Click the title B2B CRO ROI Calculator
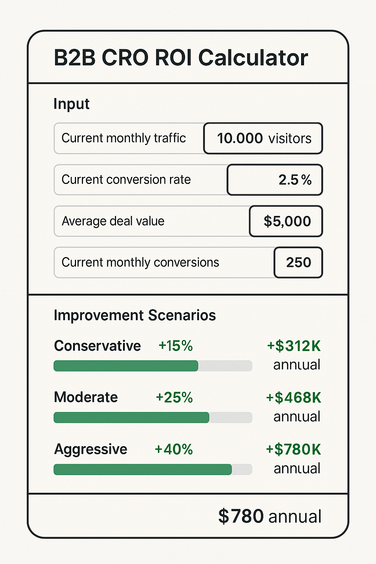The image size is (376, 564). click(x=181, y=58)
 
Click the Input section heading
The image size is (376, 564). click(x=71, y=104)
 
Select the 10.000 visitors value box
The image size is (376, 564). click(x=263, y=138)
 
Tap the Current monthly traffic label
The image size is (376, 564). click(x=123, y=138)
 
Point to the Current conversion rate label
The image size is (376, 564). click(x=126, y=180)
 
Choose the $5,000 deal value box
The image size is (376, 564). click(x=286, y=221)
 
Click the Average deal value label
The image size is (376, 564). click(x=113, y=221)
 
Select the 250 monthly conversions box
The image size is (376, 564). click(x=298, y=263)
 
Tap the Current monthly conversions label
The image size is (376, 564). click(x=140, y=263)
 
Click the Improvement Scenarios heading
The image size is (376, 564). click(x=134, y=315)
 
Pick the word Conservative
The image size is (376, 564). click(x=97, y=346)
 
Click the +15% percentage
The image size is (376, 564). click(x=176, y=346)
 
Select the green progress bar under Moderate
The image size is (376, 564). click(x=131, y=417)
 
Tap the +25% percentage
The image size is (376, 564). click(x=174, y=398)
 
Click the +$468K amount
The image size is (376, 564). click(x=294, y=398)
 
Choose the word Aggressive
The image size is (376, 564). click(x=91, y=449)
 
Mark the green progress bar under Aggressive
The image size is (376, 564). click(x=142, y=470)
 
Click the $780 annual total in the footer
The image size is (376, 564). click(x=270, y=516)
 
